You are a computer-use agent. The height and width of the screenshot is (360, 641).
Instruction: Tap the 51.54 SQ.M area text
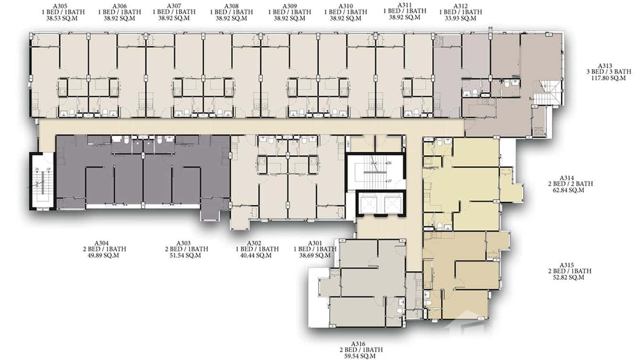(x=187, y=255)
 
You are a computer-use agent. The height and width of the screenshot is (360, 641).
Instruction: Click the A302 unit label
(x=257, y=243)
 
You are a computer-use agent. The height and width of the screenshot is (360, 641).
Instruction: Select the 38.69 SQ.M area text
(x=316, y=255)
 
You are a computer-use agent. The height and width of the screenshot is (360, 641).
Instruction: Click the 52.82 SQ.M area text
(x=570, y=277)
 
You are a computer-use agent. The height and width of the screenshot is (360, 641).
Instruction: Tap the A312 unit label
(x=460, y=6)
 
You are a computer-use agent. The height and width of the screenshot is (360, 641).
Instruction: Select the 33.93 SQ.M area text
(x=460, y=18)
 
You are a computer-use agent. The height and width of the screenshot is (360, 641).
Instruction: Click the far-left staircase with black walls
(x=42, y=181)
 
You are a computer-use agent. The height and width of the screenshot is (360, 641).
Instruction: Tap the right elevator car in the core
(x=392, y=204)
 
